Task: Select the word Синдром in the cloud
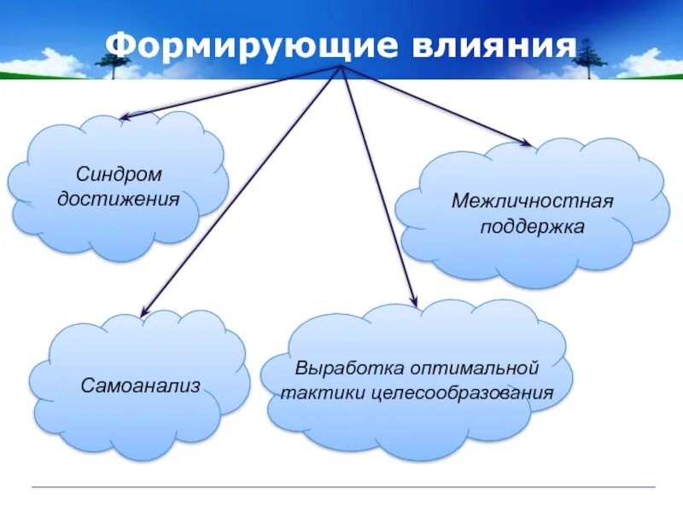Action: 119,175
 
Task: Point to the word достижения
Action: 119,200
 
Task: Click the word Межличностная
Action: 533,203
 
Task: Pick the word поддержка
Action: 532,227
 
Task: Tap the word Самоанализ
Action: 141,386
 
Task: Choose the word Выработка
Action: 349,369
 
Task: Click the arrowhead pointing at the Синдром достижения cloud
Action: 124,117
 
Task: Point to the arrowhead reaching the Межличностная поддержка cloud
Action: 528,143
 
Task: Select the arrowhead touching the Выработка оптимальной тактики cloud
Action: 415,302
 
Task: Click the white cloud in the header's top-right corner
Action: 653,60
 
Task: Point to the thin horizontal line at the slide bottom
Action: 341,486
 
